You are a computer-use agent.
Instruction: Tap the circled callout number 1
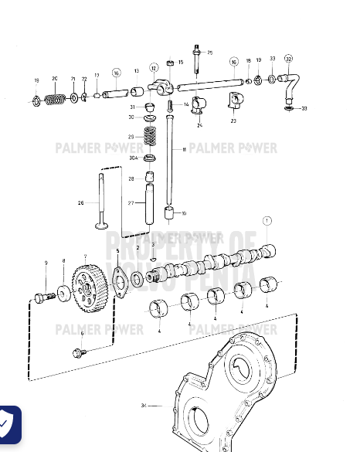pos(267,220)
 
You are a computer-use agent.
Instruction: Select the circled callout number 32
pos(289,59)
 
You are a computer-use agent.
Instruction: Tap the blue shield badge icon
pos(8,424)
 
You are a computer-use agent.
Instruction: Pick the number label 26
pos(81,203)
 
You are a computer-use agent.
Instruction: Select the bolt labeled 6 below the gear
pos(80,353)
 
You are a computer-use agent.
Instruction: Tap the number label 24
pos(199,124)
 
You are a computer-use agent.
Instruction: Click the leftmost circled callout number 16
pos(116,73)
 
